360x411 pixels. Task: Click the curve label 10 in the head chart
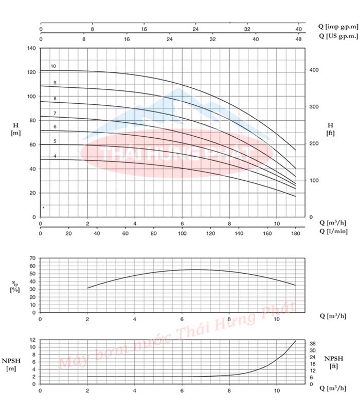click(53, 66)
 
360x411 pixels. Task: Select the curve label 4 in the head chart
click(55, 156)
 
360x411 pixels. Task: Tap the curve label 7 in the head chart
click(55, 113)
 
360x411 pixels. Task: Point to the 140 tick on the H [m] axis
click(32, 48)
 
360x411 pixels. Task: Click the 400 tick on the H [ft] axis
click(314, 70)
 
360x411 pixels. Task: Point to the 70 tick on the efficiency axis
click(32, 258)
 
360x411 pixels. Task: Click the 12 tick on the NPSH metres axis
click(32, 340)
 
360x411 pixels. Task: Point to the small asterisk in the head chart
click(43, 208)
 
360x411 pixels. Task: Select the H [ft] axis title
click(330, 128)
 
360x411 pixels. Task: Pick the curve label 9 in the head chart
click(55, 83)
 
